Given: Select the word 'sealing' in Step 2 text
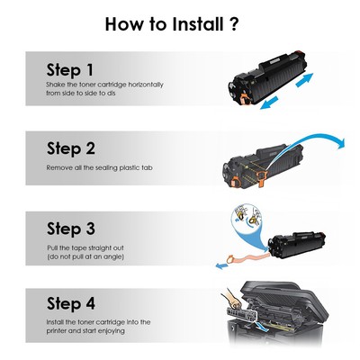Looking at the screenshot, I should click(112, 167).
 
